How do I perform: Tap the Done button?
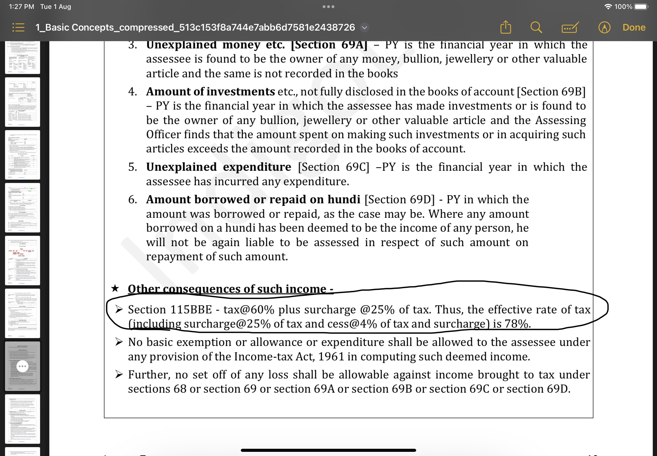click(x=634, y=28)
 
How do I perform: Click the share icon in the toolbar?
click(x=506, y=28)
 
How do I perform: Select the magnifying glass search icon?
click(x=536, y=28)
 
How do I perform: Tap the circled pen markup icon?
click(x=604, y=28)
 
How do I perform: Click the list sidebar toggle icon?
click(x=19, y=28)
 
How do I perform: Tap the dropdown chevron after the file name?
click(x=364, y=28)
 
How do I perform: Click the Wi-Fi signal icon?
click(x=608, y=7)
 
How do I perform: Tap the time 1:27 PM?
click(x=21, y=7)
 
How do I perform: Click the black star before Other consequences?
click(x=115, y=288)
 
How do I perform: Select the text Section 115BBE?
click(x=170, y=310)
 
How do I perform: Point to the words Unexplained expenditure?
click(x=219, y=167)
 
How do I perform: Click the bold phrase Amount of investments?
click(x=210, y=92)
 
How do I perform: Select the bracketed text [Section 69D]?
click(x=399, y=199)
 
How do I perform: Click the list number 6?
click(x=133, y=199)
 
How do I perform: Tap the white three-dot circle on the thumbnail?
click(x=22, y=366)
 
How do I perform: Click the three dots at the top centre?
click(x=328, y=7)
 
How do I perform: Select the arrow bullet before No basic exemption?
click(x=119, y=342)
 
